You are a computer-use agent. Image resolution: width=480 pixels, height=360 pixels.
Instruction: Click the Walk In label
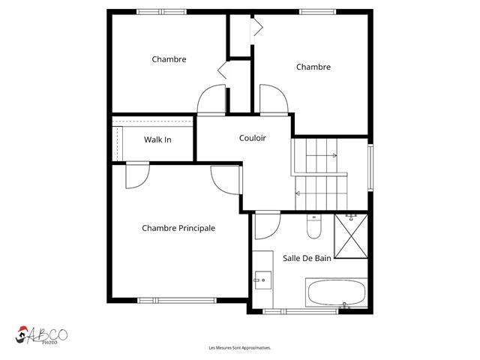point(157,139)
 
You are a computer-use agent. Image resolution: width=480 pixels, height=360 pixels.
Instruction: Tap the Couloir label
point(253,138)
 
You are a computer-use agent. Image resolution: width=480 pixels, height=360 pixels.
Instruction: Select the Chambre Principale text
point(178,228)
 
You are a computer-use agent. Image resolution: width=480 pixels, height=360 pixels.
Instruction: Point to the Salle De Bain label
point(307,258)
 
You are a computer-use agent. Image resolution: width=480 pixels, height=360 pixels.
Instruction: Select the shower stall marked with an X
point(349,235)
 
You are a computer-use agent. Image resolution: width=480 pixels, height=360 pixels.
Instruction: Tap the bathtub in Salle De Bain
point(336,292)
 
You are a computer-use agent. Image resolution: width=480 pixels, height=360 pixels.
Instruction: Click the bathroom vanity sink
point(262,280)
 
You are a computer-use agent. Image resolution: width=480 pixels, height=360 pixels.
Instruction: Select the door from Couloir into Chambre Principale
point(226,178)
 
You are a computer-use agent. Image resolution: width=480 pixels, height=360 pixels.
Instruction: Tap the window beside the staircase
point(370,166)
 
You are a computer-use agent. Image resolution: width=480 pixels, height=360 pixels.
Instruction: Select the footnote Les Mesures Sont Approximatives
point(239,348)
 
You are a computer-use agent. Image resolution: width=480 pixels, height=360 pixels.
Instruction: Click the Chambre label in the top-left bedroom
point(169,59)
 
